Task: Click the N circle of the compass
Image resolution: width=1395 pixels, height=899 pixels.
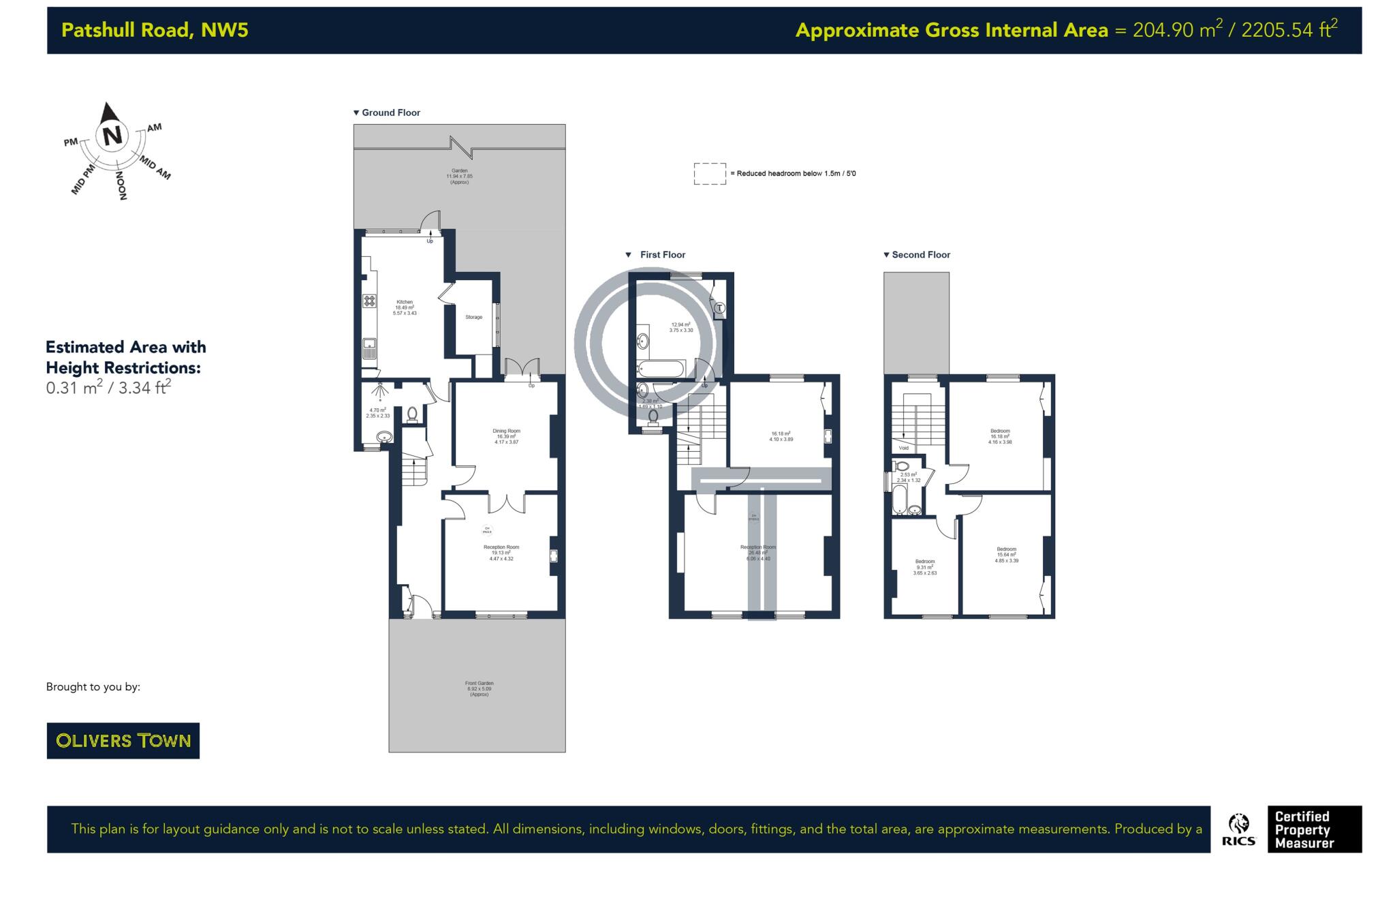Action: pyautogui.click(x=112, y=136)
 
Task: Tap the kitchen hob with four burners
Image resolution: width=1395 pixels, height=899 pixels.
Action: pyautogui.click(x=369, y=300)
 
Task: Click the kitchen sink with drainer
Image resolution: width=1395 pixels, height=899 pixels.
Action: pyautogui.click(x=369, y=348)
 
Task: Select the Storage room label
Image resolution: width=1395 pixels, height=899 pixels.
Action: pyautogui.click(x=473, y=317)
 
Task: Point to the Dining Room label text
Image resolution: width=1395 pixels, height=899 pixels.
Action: pyautogui.click(x=506, y=431)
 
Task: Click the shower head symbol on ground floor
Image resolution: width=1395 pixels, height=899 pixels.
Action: pyautogui.click(x=379, y=390)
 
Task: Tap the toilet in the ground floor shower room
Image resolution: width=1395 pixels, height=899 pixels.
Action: pyautogui.click(x=411, y=414)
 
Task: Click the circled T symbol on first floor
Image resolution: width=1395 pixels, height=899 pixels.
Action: pyautogui.click(x=720, y=309)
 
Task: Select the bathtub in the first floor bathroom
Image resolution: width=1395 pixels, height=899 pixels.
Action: pyautogui.click(x=660, y=369)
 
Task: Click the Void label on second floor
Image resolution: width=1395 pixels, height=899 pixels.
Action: pyautogui.click(x=903, y=448)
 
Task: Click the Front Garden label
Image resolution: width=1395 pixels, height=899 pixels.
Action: pyautogui.click(x=479, y=688)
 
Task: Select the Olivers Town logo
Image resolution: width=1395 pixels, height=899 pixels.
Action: pyautogui.click(x=123, y=740)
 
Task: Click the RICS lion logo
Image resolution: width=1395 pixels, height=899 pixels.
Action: pyautogui.click(x=1238, y=829)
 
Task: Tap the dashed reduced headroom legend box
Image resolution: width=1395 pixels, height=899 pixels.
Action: pyautogui.click(x=709, y=174)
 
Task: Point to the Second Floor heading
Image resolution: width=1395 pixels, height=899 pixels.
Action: pyautogui.click(x=920, y=255)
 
